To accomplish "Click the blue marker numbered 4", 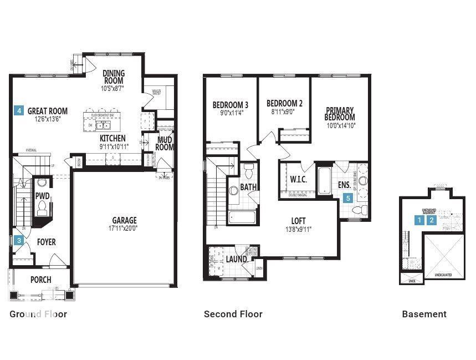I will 19,110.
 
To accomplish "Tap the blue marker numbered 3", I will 19,240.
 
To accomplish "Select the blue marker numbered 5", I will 348,197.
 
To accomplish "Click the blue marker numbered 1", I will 421,220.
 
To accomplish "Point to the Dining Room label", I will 114,77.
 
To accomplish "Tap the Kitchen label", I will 112,138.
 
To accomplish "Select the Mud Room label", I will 165,143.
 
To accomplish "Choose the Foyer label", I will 46,242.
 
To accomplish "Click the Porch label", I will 40,280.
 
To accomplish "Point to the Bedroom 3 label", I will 230,105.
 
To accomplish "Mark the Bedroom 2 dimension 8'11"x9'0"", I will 284,111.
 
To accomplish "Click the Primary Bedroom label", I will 340,114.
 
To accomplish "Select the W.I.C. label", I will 299,179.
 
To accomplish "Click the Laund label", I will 236,259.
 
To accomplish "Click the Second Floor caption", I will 233,314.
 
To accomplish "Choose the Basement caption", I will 424,314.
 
